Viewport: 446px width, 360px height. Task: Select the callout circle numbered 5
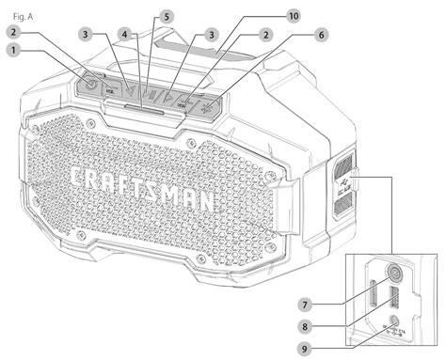pos(166,17)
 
